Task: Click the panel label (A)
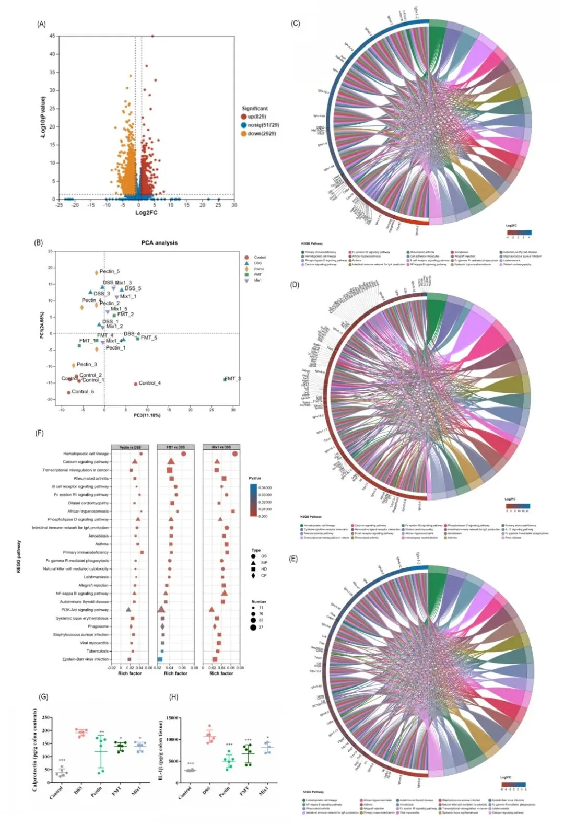[x=41, y=24]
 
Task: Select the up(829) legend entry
[x=256, y=117]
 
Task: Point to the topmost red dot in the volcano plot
[x=152, y=36]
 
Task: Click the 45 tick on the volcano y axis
[x=52, y=36]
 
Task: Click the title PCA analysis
[x=159, y=243]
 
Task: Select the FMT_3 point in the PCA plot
[x=225, y=379]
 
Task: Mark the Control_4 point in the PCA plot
[x=136, y=384]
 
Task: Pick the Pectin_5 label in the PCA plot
[x=110, y=272]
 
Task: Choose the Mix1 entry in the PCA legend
[x=257, y=281]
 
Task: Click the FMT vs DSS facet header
[x=175, y=447]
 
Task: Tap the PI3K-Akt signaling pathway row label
[x=85, y=610]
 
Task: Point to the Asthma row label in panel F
[x=102, y=544]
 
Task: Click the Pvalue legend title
[x=255, y=478]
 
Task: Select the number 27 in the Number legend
[x=261, y=627]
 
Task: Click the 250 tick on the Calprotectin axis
[x=46, y=718]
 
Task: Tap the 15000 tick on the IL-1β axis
[x=172, y=718]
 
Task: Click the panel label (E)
[x=293, y=559]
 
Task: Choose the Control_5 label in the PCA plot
[x=83, y=392]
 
